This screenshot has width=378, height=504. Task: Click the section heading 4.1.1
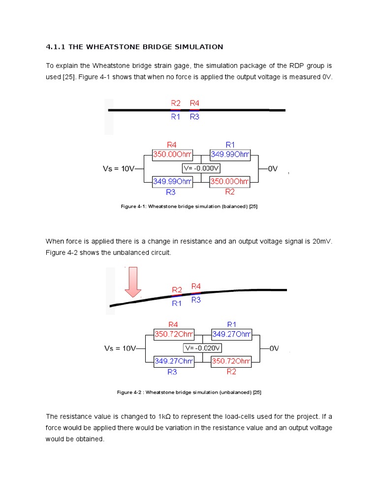coord(134,47)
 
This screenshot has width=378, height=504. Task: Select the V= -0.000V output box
coord(201,168)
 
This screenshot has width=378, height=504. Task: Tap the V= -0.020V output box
coord(202,348)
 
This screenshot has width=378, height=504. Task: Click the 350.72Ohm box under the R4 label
coord(173,335)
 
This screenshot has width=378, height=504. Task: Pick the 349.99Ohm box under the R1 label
coord(230,155)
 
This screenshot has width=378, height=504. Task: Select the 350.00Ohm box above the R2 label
coord(229,182)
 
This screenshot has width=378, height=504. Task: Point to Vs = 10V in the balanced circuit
coord(118,168)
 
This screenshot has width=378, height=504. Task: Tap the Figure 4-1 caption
coord(189,206)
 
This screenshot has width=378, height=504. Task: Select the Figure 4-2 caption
coord(189,392)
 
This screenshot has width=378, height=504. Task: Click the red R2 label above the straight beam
coord(176,103)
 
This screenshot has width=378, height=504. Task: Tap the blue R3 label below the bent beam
coord(196,300)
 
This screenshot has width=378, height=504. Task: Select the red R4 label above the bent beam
coord(196,286)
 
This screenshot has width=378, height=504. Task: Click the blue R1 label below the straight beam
coord(176,117)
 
